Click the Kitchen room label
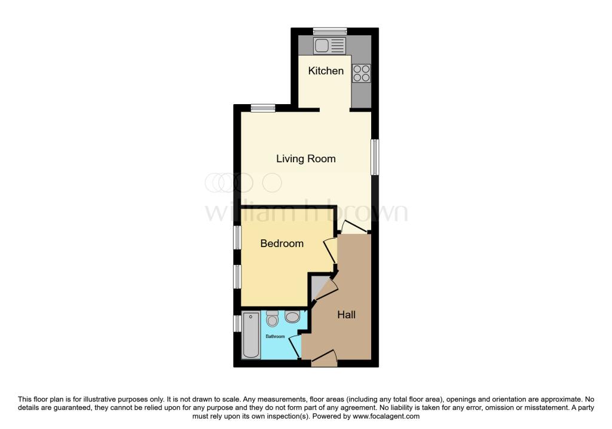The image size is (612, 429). (x=326, y=71)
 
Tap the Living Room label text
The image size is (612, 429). (x=305, y=159)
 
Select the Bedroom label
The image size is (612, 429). (x=281, y=244)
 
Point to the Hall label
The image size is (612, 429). (x=346, y=314)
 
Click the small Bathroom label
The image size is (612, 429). (x=275, y=336)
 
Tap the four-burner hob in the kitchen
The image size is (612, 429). (x=361, y=73)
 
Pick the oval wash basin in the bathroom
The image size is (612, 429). (x=293, y=317)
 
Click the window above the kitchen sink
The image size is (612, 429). (x=331, y=31)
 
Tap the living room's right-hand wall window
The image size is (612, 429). (x=375, y=157)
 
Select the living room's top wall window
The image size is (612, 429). (x=263, y=108)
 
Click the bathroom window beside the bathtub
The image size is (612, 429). (x=237, y=323)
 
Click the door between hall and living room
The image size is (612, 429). (x=354, y=227)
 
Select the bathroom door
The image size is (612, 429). (x=295, y=346)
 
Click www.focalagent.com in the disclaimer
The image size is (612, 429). (x=386, y=416)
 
